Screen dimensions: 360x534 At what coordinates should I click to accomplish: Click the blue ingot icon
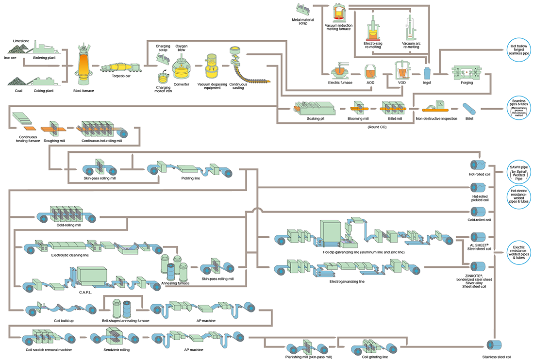(427, 73)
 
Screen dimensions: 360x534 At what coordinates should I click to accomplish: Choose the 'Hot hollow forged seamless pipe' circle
(520, 49)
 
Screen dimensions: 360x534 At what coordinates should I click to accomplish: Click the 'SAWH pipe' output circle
(520, 173)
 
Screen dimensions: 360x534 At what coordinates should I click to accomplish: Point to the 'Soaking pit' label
(315, 118)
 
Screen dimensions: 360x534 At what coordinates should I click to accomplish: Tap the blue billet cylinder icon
(469, 108)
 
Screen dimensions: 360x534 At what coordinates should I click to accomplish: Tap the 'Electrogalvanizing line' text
(348, 281)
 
